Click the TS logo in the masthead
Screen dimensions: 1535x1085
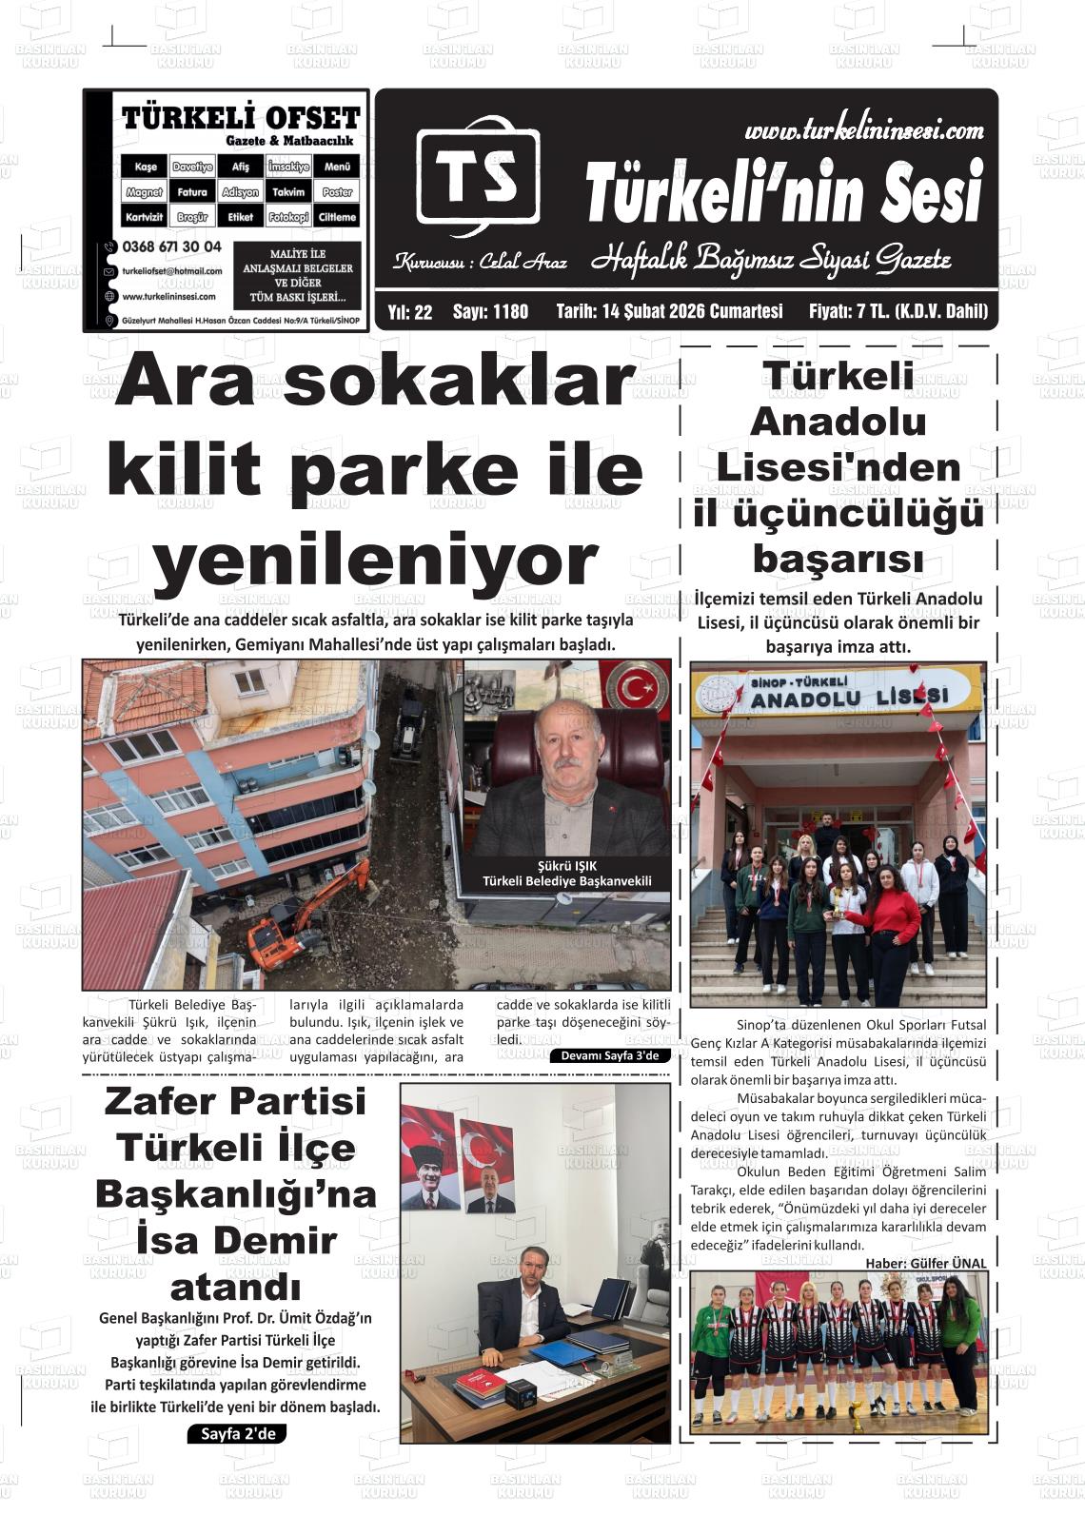coord(477,176)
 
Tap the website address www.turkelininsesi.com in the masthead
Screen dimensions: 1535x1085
coord(863,129)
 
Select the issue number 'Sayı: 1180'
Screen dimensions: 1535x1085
coord(490,311)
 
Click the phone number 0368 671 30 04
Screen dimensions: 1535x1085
coord(171,246)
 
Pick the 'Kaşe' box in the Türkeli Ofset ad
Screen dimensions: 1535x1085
coord(145,167)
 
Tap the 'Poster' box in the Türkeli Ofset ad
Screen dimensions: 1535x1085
coord(337,191)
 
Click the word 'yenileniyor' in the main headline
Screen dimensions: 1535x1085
coord(375,561)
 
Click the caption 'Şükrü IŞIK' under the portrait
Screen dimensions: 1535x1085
coord(566,866)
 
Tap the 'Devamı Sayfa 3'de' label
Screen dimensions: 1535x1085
coord(609,1055)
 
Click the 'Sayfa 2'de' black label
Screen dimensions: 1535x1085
coord(237,1433)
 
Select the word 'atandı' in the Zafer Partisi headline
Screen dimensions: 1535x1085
coord(235,1288)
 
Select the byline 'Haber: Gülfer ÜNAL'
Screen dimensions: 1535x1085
coord(925,1263)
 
